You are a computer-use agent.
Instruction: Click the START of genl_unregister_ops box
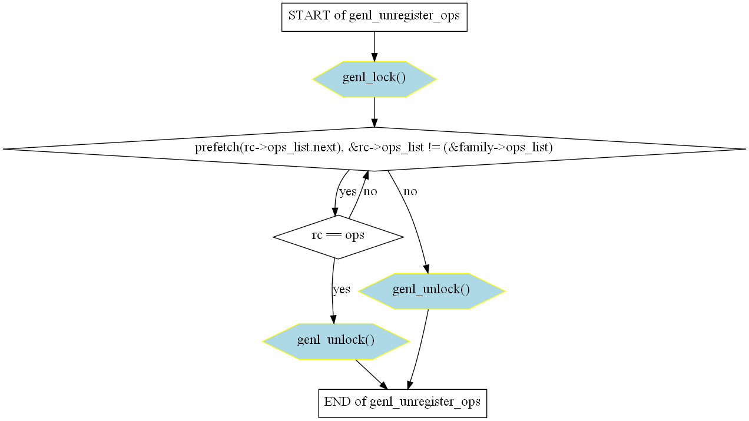coord(374,18)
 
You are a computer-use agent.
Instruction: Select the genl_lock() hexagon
coord(374,79)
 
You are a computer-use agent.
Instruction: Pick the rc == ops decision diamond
coord(338,237)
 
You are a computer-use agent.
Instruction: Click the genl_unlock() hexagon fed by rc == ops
coord(336,342)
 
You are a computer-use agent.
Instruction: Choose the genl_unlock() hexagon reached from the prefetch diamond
coord(432,291)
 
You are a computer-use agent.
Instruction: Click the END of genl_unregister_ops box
coord(403,403)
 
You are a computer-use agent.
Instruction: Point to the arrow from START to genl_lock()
coord(374,47)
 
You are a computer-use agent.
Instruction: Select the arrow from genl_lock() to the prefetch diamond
coord(374,112)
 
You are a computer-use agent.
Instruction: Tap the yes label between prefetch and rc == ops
coord(348,191)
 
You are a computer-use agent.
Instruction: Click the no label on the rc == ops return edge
coord(370,191)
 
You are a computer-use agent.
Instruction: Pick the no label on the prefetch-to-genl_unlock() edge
coord(410,191)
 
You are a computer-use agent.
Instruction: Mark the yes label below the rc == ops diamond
coord(342,289)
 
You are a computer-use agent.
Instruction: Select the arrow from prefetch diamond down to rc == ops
coord(338,193)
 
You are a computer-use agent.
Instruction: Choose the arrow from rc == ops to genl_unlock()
coord(332,291)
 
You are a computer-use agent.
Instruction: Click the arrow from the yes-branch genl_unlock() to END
coord(372,374)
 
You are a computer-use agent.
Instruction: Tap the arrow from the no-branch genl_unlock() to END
coord(419,349)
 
